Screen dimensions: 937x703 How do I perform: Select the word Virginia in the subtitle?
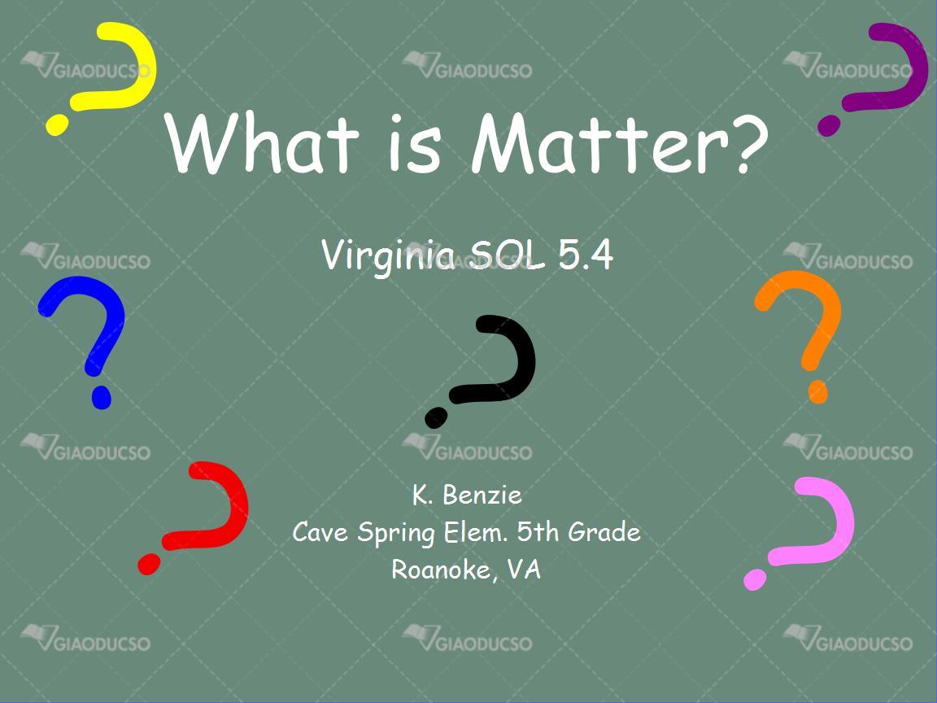click(389, 255)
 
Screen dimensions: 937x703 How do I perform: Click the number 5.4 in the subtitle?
click(586, 255)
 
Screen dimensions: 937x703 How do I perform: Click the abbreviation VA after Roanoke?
click(524, 569)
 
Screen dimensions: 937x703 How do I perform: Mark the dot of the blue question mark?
click(101, 398)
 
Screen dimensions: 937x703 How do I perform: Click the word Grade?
click(604, 531)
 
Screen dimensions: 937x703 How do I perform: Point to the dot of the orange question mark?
click(818, 391)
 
